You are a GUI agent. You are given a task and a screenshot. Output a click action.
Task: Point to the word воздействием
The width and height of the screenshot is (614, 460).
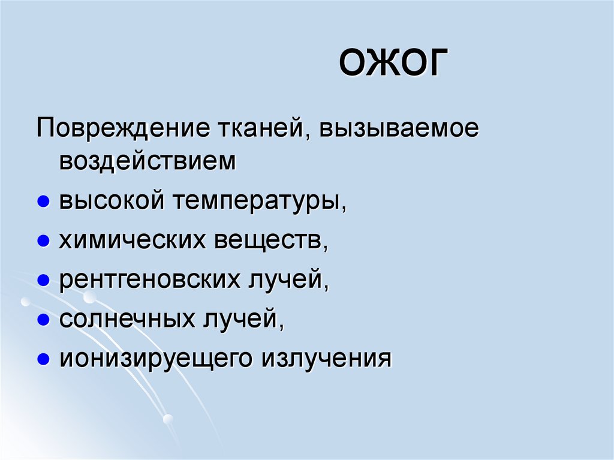pos(148,161)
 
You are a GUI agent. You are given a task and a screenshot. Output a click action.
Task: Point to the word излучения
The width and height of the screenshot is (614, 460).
pos(326,359)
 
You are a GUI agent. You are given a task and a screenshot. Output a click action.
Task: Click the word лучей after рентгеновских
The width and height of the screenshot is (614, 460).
pos(287,280)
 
